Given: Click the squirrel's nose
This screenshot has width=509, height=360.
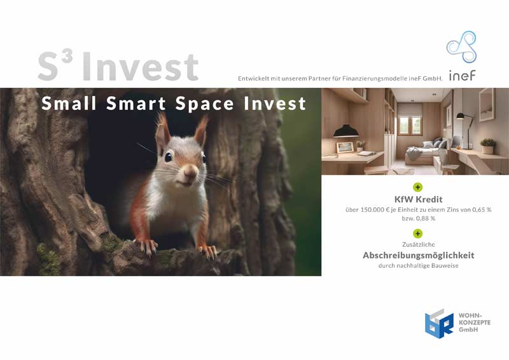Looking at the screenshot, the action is [x=190, y=170].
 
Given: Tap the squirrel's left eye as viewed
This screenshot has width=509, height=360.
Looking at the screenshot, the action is [x=168, y=157].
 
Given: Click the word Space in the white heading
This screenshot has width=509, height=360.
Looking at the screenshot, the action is [x=204, y=104].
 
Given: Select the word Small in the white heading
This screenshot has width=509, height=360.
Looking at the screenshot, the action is [x=69, y=104].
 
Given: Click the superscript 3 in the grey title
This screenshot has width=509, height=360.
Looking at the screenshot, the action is [x=67, y=57].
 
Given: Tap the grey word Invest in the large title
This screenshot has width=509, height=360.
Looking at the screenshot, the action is [x=140, y=67].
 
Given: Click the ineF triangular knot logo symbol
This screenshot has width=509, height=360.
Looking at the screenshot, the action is [x=461, y=46].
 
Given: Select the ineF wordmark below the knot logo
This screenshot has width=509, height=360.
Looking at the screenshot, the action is [x=463, y=76].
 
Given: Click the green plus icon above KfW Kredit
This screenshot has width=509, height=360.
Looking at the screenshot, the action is [x=418, y=187].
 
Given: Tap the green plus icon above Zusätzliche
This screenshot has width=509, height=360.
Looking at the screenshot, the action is [x=418, y=233].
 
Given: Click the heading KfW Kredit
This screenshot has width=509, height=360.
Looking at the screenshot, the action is [x=419, y=199].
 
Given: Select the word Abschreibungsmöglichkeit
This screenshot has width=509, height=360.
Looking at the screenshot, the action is [x=419, y=256].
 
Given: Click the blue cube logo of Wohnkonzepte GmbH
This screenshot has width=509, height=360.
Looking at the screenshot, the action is [x=439, y=324].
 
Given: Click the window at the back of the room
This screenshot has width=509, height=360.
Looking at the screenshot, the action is [x=410, y=125].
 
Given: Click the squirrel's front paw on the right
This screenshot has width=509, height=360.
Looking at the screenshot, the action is [x=208, y=252].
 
